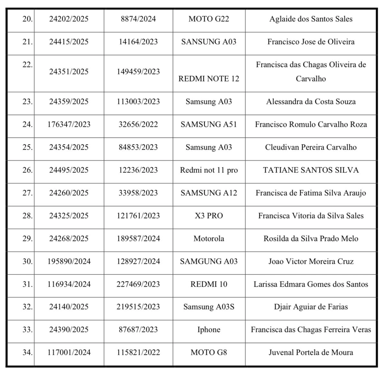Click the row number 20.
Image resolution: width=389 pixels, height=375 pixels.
pos(28,19)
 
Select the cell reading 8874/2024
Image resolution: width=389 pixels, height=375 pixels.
pos(138,19)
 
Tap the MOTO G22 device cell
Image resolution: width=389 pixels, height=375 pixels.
pos(209,19)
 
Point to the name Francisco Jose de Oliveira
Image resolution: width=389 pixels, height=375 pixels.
pos(311,42)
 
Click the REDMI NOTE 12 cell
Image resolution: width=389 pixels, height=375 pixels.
pos(209,79)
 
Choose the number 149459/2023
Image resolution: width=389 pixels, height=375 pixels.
pos(138,72)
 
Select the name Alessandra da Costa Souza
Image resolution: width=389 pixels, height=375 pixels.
pos(311,102)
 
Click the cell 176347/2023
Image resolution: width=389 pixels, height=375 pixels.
pos(69,124)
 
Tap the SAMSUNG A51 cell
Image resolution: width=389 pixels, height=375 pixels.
pos(209,124)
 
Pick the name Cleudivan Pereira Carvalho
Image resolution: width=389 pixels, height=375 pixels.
pos(311,147)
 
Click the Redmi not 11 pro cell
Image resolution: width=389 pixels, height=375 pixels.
pos(209,170)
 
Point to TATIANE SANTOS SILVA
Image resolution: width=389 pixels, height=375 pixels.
pos(311,170)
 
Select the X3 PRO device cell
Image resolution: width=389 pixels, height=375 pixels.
pos(209,216)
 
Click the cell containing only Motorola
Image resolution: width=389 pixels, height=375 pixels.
pos(209,239)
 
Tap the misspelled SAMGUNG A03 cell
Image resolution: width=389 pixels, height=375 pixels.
pos(209,261)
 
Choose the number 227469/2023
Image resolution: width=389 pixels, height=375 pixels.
pos(138,284)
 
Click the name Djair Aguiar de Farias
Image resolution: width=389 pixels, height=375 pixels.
pos(311,307)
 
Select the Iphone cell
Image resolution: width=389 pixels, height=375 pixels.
pos(209,330)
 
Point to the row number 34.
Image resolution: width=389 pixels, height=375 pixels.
pos(28,352)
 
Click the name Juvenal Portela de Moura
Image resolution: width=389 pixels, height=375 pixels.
pos(311,352)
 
